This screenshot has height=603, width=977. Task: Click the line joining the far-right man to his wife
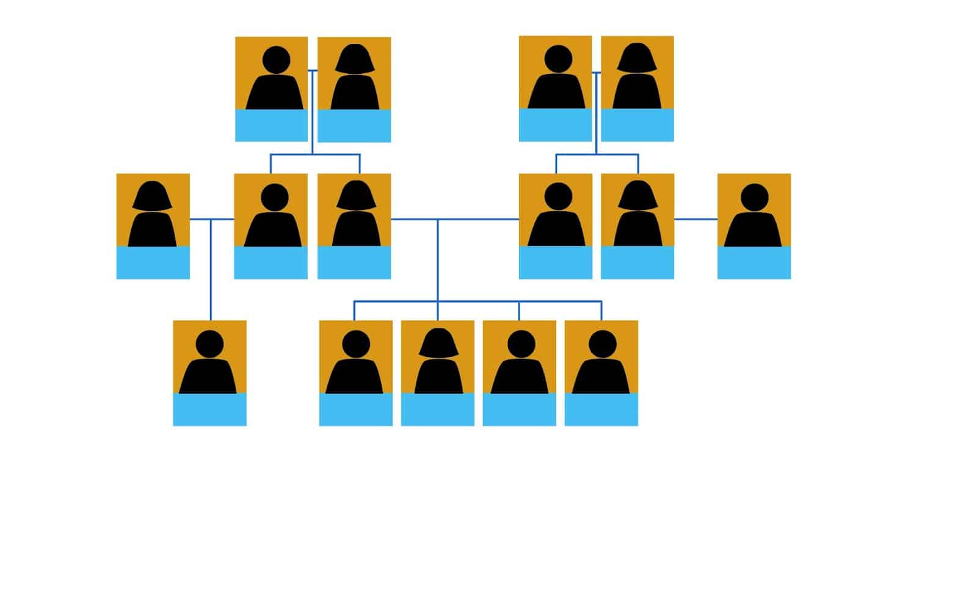point(696,218)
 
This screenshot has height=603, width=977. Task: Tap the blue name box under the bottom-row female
point(437,410)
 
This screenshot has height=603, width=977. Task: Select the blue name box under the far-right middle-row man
point(754,263)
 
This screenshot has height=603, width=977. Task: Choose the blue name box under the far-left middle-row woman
point(153,263)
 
